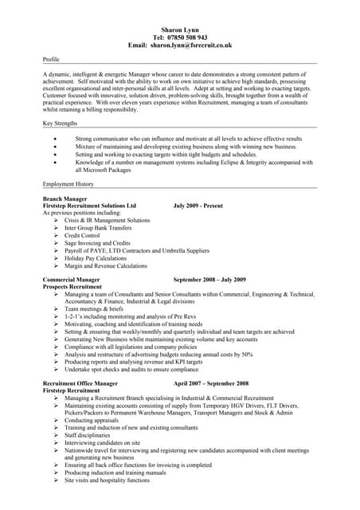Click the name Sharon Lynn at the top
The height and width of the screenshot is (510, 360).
click(x=180, y=29)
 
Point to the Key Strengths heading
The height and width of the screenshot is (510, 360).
click(x=62, y=124)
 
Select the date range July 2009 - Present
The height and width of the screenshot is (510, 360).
click(x=198, y=205)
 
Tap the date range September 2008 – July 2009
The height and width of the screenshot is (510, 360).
click(x=209, y=280)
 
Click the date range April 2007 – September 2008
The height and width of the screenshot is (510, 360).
click(x=211, y=383)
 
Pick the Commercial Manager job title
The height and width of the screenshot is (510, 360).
click(x=72, y=280)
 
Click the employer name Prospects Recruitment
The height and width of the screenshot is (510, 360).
click(x=74, y=287)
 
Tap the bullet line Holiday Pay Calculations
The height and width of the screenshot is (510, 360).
click(x=96, y=258)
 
